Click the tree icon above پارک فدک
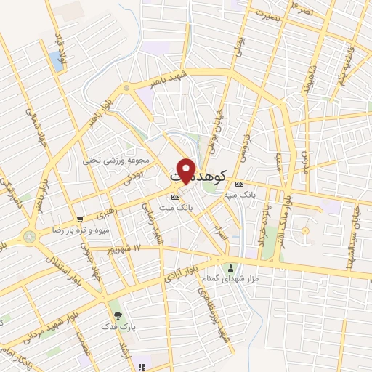pyautogui.click(x=118, y=315)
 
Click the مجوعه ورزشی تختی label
pyautogui.click(x=124, y=160)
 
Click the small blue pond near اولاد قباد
pyautogui.click(x=57, y=62)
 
